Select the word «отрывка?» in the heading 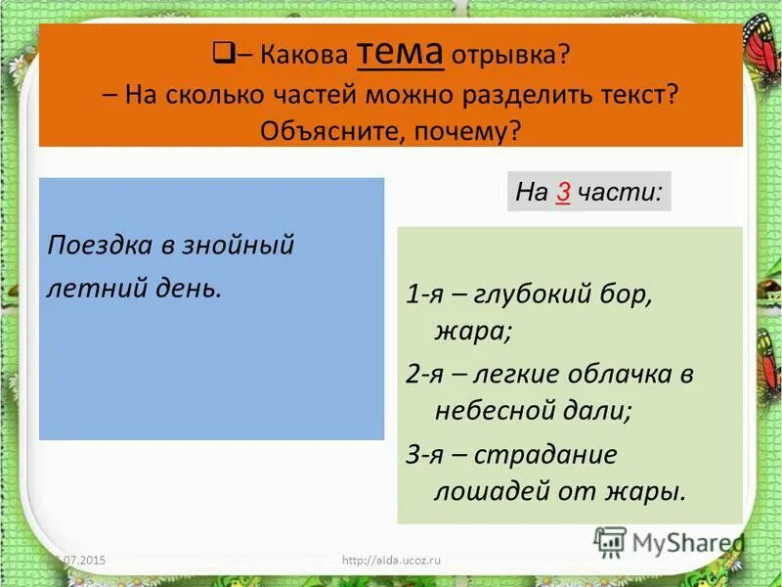coord(511,55)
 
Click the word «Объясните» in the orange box coord(322,130)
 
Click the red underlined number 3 coord(562,193)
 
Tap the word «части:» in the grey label coord(620,193)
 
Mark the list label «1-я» coord(426,294)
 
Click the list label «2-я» coord(426,375)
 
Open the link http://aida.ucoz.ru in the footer coord(393,560)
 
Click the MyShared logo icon coord(610,541)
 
